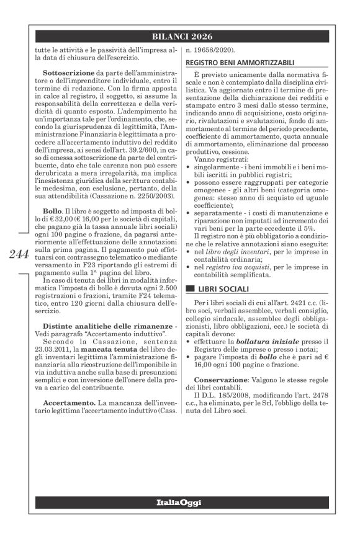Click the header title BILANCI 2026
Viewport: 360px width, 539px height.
179,36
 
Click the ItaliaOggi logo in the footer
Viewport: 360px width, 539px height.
179,501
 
